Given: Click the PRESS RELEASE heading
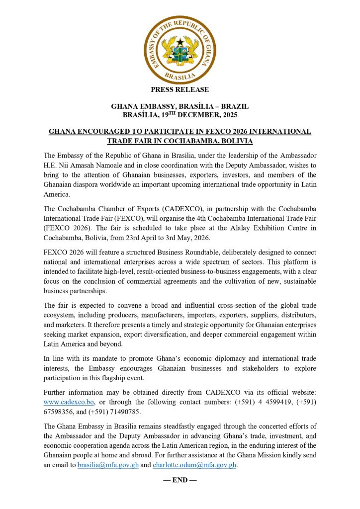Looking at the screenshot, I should pos(180,90).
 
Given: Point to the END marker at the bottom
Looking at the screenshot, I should pos(180,480).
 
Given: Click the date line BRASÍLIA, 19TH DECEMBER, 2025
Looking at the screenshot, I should pos(180,115).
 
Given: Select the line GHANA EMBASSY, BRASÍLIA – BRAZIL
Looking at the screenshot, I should pos(180,107).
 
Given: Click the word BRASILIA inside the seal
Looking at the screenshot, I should pos(180,77).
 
